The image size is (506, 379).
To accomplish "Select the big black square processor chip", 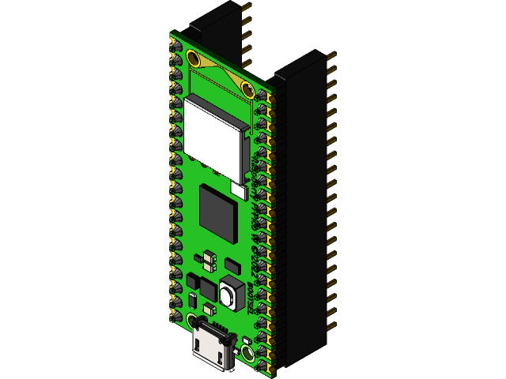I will pos(218,213).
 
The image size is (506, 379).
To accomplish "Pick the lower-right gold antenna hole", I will pos(247,88).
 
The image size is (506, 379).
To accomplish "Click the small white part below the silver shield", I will pos(238,189).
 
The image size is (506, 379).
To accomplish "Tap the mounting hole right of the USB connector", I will pos(247,353).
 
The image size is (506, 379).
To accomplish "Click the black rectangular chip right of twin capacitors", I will pos(232,265).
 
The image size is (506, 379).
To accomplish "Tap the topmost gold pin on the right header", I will pos(330,55).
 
